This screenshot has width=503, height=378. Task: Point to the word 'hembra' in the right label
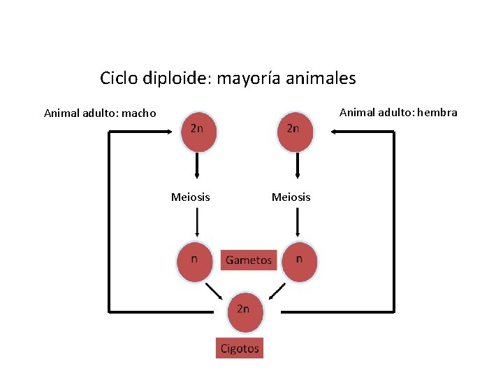tap(438, 112)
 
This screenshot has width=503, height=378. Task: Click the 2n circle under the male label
tap(199, 132)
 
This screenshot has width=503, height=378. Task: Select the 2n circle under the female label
tap(296, 132)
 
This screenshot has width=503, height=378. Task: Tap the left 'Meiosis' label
tap(190, 197)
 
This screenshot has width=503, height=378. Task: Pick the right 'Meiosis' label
tap(291, 197)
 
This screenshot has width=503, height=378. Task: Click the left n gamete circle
tap(195, 262)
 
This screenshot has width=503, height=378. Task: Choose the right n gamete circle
tap(300, 262)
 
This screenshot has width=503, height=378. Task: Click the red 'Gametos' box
tap(249, 260)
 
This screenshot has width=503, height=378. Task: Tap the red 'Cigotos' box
tap(240, 348)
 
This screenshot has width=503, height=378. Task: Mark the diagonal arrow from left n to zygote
tap(214, 290)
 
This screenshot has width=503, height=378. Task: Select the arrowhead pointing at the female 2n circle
tap(335, 132)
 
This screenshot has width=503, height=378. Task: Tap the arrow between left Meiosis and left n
tap(198, 224)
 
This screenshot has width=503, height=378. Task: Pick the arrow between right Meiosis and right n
tap(298, 224)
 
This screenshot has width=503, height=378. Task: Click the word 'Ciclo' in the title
tap(119, 78)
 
